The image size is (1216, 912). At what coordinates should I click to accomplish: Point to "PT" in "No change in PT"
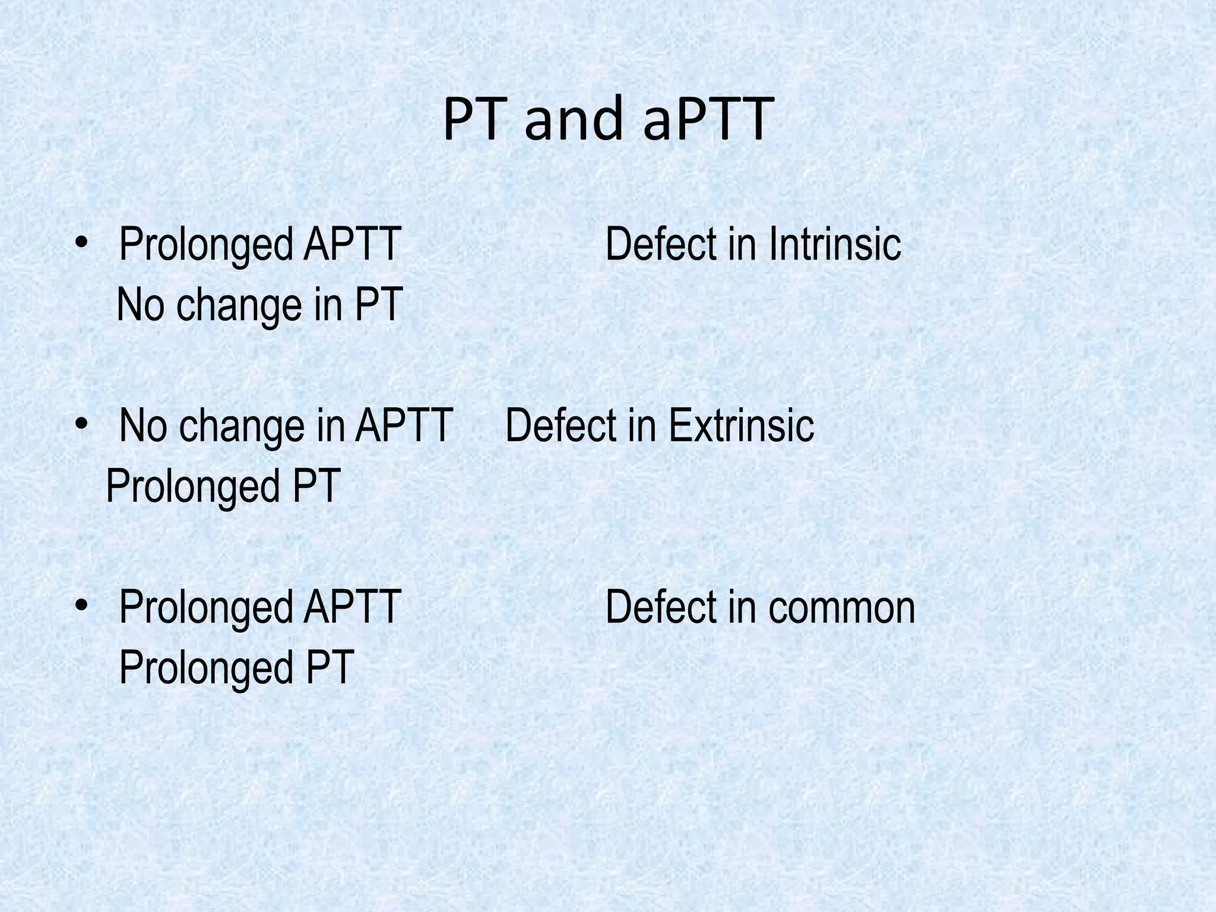pyautogui.click(x=379, y=304)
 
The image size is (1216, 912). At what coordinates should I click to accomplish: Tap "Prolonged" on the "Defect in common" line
pyautogui.click(x=205, y=608)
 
